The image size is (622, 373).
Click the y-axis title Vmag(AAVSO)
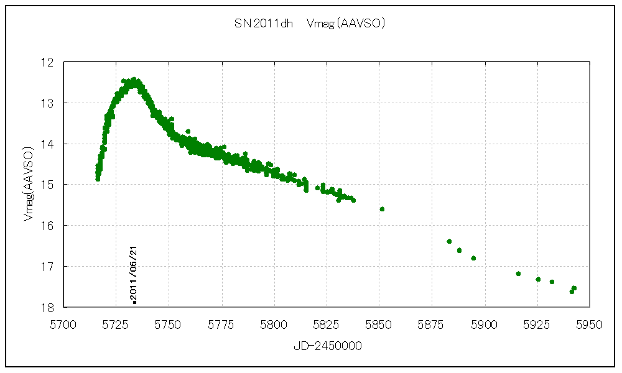tap(28, 185)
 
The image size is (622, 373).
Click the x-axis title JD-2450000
tap(328, 346)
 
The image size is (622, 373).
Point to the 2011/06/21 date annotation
tap(134, 274)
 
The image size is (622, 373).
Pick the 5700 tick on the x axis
tap(63, 324)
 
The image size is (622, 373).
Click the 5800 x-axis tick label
tap(274, 324)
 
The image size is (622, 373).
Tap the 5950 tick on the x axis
tap(590, 324)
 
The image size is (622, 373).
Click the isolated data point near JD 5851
tap(382, 209)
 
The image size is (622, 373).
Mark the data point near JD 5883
tap(449, 241)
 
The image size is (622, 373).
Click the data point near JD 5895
tap(473, 258)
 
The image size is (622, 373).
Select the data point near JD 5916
tap(518, 274)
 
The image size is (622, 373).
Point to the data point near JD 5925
tap(538, 279)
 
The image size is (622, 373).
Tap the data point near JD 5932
tap(552, 282)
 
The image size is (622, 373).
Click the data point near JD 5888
tap(459, 250)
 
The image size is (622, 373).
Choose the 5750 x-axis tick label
tap(169, 324)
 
